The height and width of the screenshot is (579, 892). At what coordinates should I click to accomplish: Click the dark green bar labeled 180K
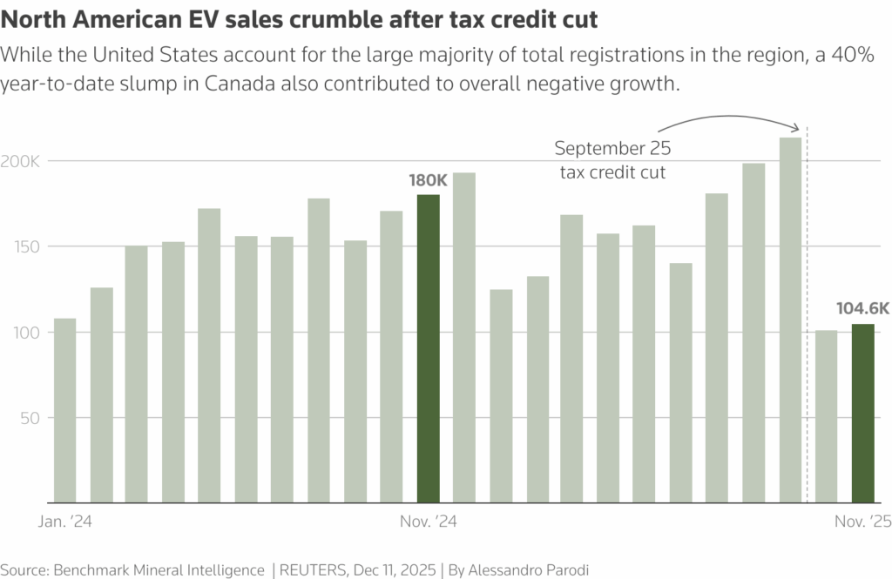click(429, 348)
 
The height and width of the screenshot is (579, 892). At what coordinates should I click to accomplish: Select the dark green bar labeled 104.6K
click(862, 413)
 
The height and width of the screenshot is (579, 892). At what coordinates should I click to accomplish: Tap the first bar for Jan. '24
click(64, 410)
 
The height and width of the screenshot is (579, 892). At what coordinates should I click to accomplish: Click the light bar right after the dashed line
click(826, 416)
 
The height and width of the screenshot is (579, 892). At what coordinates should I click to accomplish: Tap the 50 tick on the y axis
click(32, 417)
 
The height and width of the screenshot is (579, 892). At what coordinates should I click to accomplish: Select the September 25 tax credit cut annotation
click(612, 159)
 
